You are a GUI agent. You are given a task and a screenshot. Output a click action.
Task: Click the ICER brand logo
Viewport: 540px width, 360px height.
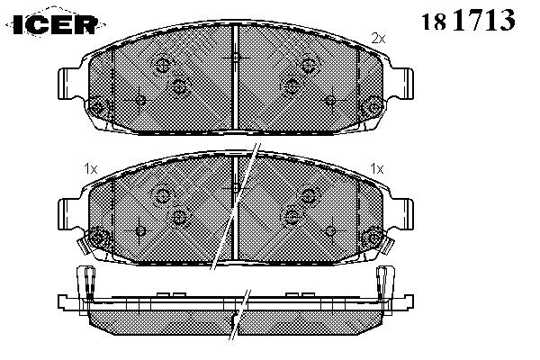(56, 23)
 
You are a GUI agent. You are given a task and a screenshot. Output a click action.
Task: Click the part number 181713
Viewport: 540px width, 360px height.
(468, 20)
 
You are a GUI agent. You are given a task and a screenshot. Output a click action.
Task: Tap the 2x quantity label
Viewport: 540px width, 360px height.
(378, 38)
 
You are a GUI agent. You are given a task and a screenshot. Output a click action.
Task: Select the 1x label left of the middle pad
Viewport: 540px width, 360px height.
(91, 169)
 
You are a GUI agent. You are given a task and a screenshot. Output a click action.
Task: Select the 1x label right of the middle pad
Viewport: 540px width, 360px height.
(377, 169)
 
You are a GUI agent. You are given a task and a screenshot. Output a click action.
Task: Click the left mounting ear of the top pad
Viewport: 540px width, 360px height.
(70, 84)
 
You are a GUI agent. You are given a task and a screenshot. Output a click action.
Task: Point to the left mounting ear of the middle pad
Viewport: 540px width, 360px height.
(70, 214)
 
